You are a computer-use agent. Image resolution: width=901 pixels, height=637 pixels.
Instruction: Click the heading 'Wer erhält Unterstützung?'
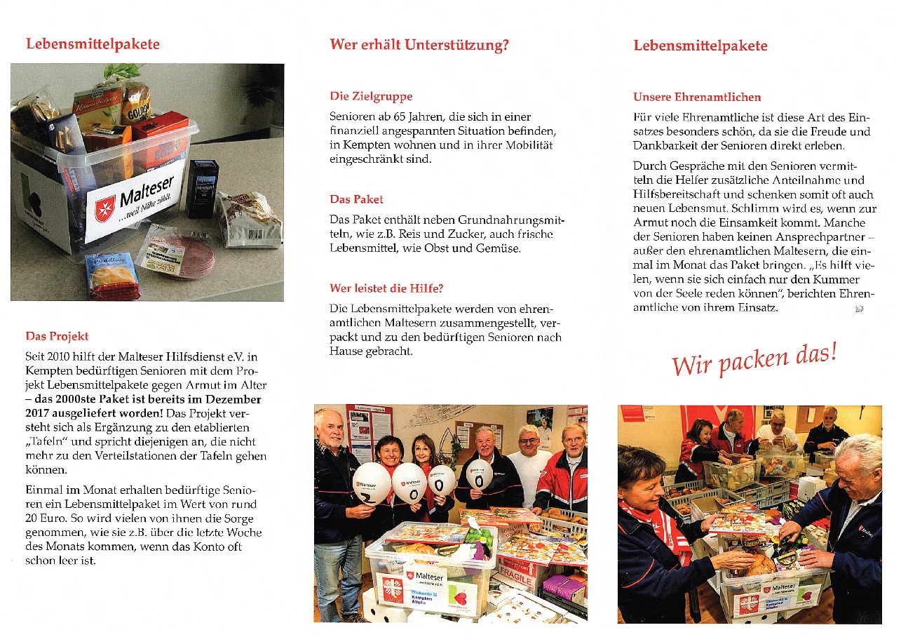coord(419,46)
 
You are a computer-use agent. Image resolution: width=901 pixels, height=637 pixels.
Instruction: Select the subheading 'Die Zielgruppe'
coord(371,97)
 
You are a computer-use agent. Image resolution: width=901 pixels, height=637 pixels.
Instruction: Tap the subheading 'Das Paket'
coord(356,199)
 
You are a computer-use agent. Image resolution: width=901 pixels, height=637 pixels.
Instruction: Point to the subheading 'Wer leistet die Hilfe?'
coord(386,288)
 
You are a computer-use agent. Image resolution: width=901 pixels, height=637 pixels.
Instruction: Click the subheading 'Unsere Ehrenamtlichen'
coord(696,98)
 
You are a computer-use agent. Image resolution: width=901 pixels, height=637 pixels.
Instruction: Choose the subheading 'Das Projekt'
coord(57,336)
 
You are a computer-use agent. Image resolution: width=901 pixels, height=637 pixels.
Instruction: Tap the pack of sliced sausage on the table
coord(178,253)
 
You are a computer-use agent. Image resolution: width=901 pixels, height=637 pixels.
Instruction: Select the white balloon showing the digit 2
coord(371,482)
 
